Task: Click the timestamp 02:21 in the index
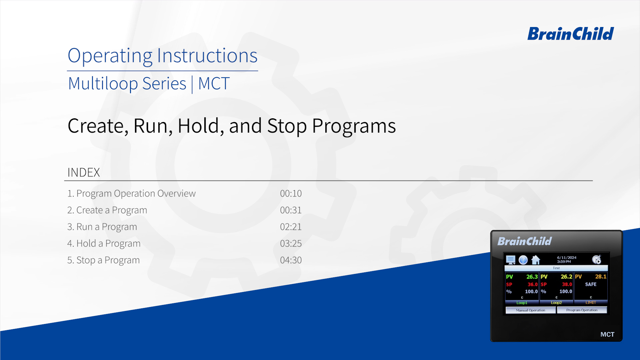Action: coord(291,227)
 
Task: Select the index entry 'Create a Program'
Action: coord(107,210)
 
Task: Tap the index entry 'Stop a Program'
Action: coord(103,260)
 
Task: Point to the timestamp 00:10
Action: coord(291,193)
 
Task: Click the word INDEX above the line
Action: coord(84,172)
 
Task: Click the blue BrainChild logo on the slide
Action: coord(570,34)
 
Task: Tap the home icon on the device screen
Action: coord(536,260)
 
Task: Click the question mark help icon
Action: coord(523,260)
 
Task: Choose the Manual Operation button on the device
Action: coord(531,310)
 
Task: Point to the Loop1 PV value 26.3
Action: coord(532,277)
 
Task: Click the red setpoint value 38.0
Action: coord(567,284)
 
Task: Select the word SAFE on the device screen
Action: coord(591,284)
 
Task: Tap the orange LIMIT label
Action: coord(591,303)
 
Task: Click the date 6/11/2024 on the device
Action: coord(567,258)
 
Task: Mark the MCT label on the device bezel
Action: coord(607,334)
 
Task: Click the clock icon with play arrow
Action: coord(597,260)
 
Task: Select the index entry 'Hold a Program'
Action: coord(104,244)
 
